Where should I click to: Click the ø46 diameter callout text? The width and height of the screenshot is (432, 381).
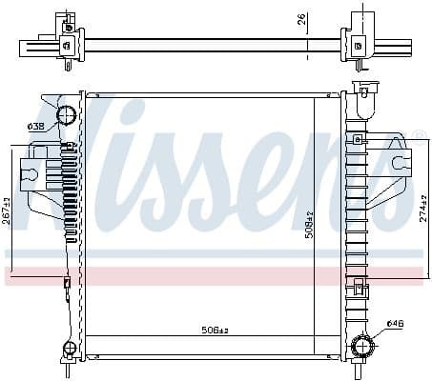pos(394,325)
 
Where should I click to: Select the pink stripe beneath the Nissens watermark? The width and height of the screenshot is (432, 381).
pos(216,276)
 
